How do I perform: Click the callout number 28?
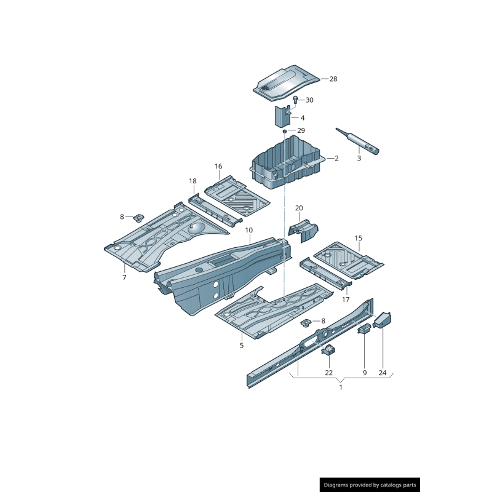333,79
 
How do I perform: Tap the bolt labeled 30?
295,99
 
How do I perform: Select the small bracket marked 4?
282,116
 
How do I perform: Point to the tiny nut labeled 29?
285,131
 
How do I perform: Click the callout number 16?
218,167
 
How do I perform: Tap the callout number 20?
300,208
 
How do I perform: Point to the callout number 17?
346,300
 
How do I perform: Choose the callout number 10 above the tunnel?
249,231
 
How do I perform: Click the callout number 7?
124,277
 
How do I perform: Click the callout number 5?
242,345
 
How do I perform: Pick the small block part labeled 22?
328,351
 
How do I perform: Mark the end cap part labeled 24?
383,320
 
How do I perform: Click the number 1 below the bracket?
341,387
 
